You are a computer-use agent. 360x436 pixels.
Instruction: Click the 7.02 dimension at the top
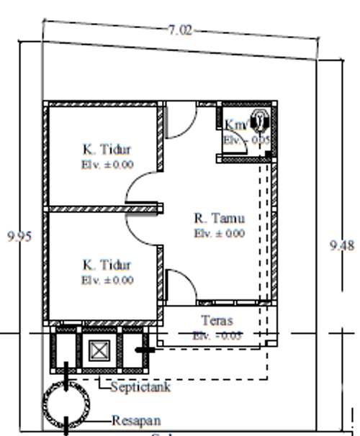[x=181, y=30]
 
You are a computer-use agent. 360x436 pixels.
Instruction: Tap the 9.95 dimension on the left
[x=19, y=237]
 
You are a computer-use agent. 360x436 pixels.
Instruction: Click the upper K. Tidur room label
[x=106, y=150]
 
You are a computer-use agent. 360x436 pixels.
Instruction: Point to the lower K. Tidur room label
[x=106, y=265]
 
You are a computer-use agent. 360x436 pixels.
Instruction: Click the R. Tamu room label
[x=220, y=218]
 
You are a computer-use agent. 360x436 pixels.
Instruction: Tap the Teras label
[x=217, y=321]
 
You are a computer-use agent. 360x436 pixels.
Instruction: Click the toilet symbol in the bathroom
[x=259, y=119]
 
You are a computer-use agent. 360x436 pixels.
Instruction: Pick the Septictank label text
[x=140, y=388]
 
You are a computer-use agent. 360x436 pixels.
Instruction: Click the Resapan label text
[x=136, y=420]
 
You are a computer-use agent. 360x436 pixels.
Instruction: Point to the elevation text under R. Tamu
[x=219, y=233]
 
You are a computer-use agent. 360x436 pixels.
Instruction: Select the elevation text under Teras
[x=217, y=335]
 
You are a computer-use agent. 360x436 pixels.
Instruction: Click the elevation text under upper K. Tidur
[x=107, y=164]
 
